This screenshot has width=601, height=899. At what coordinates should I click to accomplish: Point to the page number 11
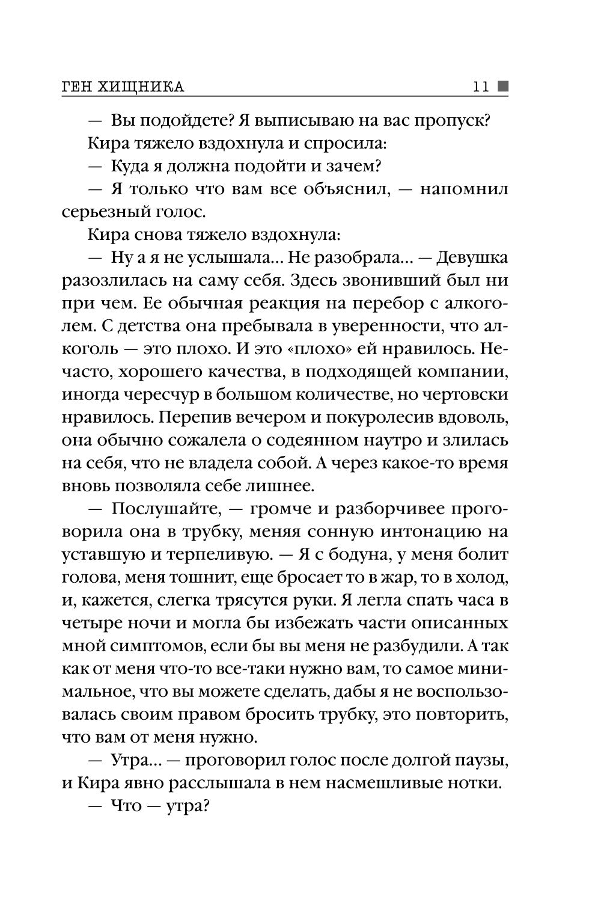[481, 87]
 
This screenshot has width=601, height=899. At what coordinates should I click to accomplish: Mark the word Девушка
[472, 257]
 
